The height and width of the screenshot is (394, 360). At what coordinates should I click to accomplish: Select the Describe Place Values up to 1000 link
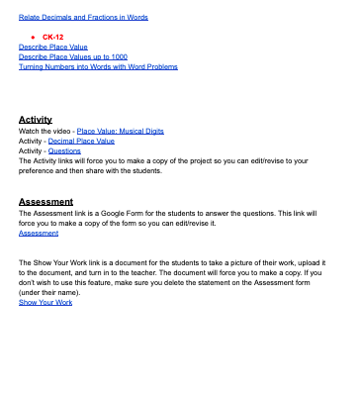(x=73, y=56)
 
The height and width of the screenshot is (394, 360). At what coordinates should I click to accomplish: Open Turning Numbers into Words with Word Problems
(x=99, y=66)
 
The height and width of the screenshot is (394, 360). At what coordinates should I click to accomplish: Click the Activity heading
(x=36, y=119)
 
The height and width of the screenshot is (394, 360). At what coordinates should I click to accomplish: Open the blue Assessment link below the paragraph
(x=39, y=233)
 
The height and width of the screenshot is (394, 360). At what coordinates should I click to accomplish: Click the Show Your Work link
(x=45, y=302)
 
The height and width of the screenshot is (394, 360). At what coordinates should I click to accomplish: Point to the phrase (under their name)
(x=51, y=292)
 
